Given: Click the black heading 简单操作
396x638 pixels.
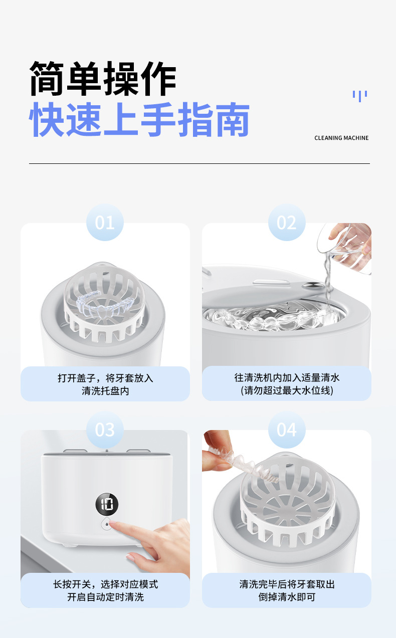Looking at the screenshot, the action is [103, 79].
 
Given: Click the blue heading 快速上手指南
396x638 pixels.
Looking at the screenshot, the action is [139, 119].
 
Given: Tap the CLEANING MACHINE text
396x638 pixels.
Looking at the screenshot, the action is [341, 138].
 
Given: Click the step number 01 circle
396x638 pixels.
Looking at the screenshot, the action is [105, 223].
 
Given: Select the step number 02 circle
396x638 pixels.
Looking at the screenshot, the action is [287, 223].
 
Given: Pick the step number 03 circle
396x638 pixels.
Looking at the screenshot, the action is [105, 430].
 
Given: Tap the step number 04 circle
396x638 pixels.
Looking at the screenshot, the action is [287, 430].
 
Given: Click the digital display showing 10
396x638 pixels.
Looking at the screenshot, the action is [107, 504].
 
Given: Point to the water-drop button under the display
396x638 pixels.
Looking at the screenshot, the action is [107, 524].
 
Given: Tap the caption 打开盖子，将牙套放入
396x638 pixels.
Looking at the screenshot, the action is [105, 378].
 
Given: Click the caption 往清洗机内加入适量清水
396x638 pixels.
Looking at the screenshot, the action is [287, 378].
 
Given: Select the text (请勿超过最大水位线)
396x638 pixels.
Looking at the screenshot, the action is [287, 390].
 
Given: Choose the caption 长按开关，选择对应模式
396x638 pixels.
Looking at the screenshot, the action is [105, 584].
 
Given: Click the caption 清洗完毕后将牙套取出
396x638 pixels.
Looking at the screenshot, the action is [287, 584].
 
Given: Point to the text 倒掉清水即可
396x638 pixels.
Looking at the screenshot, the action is [287, 597].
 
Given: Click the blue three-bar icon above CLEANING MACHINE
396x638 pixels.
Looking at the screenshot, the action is [360, 96].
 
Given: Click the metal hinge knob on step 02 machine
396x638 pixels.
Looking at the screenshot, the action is [312, 285].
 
